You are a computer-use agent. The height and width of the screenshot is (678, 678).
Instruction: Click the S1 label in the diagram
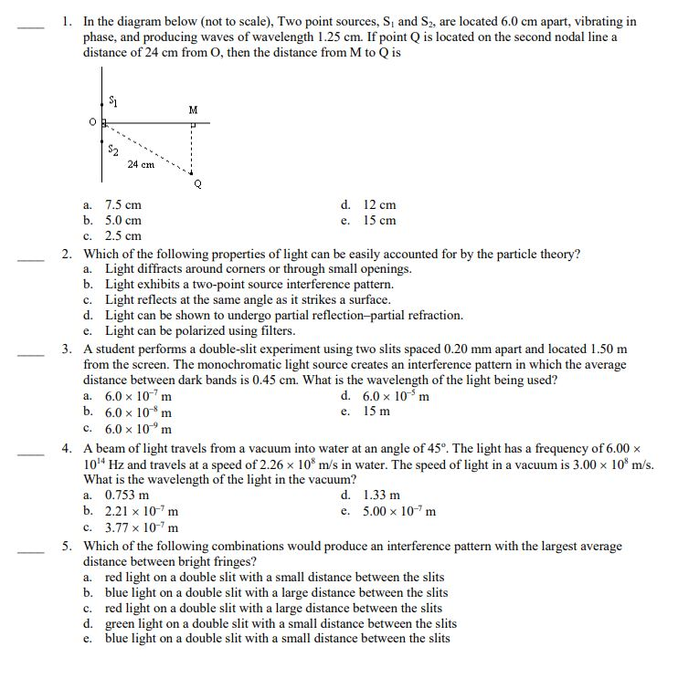[112, 99]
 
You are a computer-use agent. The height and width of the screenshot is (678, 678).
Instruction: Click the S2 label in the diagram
[112, 148]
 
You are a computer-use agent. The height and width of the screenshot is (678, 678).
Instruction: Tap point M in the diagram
[193, 110]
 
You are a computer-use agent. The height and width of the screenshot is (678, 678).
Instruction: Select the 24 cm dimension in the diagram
[141, 164]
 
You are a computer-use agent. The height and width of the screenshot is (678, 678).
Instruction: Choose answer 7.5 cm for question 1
[122, 205]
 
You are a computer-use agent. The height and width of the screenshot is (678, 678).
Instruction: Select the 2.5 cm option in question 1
[122, 235]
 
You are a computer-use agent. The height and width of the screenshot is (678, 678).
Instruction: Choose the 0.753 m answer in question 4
[127, 495]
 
